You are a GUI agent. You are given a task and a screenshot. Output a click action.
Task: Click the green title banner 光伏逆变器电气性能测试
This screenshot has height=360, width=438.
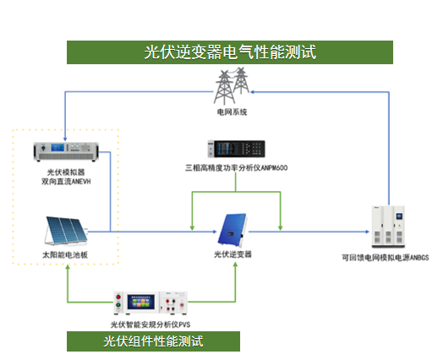(x=230, y=52)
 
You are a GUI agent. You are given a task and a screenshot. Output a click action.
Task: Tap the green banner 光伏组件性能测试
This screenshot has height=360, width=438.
(x=153, y=341)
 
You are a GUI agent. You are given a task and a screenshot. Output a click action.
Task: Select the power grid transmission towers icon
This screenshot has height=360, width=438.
(x=232, y=86)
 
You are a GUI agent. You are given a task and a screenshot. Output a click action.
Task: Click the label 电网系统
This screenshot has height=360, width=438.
(x=232, y=112)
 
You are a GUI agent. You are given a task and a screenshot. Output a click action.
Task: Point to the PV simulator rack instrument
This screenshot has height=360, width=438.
(x=66, y=151)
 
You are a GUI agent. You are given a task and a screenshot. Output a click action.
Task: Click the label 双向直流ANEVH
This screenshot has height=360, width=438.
(x=66, y=182)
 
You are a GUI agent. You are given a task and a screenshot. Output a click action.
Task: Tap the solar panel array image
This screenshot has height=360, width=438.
(x=66, y=231)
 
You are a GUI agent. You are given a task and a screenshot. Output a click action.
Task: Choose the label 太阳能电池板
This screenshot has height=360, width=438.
(x=65, y=255)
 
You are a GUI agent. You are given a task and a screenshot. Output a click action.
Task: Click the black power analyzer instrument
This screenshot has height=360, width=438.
(x=236, y=149)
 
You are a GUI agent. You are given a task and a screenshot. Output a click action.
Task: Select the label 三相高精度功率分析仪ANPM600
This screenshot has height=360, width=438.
(x=236, y=168)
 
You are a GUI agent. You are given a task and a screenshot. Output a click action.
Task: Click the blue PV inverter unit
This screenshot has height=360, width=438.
(x=233, y=230)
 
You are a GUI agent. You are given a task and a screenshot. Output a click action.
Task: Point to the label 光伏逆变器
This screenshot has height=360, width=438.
(x=233, y=254)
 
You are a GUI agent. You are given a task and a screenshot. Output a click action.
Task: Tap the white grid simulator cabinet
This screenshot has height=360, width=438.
(x=388, y=226)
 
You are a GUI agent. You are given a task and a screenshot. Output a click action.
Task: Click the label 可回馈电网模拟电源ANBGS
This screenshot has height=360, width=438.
(x=386, y=258)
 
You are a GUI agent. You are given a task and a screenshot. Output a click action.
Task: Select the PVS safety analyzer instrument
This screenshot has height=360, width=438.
(x=151, y=303)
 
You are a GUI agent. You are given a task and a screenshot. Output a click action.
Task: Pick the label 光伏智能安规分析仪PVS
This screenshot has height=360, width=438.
(x=151, y=325)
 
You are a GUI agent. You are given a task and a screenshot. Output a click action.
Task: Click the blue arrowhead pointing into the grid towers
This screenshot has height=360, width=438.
(x=253, y=92)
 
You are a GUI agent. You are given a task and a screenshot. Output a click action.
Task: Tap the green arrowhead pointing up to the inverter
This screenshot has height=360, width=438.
(x=235, y=265)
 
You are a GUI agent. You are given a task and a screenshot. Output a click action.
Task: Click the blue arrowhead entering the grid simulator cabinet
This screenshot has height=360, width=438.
(x=367, y=232)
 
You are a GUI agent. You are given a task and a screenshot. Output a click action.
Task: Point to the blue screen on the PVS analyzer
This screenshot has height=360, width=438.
(x=140, y=302)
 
